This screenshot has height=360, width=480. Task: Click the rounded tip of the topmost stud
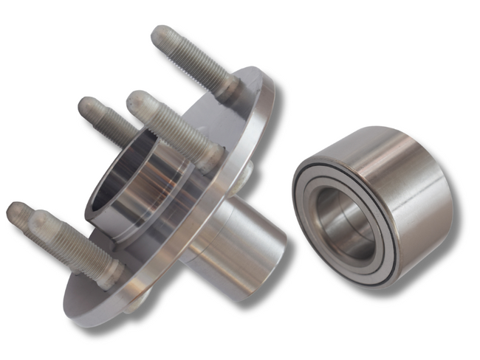pyautogui.click(x=161, y=34)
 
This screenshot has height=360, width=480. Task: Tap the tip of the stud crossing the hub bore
pyautogui.click(x=137, y=100)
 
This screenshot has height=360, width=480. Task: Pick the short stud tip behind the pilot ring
pyautogui.click(x=88, y=107)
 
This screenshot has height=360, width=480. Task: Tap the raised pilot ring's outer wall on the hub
pyautogui.click(x=148, y=214)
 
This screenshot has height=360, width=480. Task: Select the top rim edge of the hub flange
pyautogui.click(x=255, y=74)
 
